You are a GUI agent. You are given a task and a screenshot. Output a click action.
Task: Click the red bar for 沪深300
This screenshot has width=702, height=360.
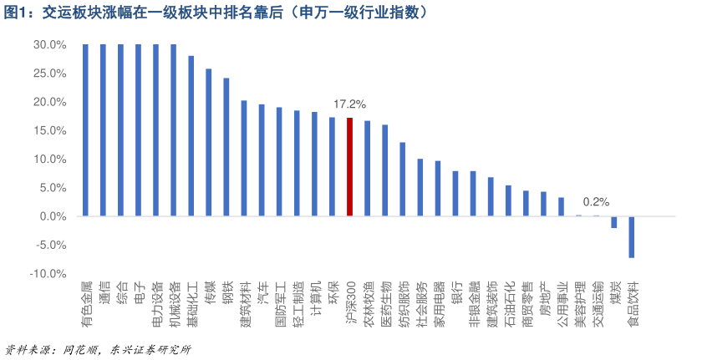click(x=349, y=167)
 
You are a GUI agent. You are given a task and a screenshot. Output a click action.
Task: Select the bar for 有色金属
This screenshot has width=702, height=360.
click(x=85, y=129)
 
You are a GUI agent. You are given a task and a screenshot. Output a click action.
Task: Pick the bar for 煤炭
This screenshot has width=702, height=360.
click(x=614, y=222)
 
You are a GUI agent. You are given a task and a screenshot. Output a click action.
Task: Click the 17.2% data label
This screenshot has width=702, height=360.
click(x=349, y=104)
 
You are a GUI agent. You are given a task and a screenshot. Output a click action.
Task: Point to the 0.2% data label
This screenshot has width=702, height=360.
click(x=596, y=201)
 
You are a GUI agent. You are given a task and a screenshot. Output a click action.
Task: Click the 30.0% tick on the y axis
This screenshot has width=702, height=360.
click(x=50, y=45)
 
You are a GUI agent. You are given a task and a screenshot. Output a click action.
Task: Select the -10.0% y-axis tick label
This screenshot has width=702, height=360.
click(x=48, y=274)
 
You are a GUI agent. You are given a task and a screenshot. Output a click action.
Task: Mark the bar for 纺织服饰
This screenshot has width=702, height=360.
click(x=402, y=179)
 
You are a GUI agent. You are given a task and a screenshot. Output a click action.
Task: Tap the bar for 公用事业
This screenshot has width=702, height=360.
click(x=561, y=206)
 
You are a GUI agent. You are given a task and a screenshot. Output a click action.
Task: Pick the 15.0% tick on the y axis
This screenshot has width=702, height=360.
click(x=50, y=131)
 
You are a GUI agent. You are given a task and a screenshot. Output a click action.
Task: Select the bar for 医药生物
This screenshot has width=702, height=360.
click(x=384, y=170)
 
